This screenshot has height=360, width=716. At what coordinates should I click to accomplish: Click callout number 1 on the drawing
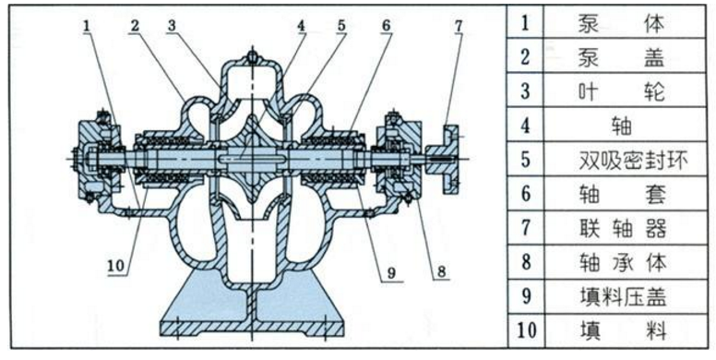click(x=88, y=26)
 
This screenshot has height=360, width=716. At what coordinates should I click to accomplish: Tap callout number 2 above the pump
click(x=135, y=26)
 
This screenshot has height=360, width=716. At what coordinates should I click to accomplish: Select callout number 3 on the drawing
click(x=172, y=26)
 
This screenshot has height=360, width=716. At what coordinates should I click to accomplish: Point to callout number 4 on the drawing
click(x=301, y=26)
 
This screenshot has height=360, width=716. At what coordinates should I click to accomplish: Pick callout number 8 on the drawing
click(x=442, y=271)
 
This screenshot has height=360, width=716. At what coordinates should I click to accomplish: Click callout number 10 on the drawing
click(x=116, y=266)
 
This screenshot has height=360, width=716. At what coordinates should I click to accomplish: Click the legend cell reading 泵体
click(x=621, y=24)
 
